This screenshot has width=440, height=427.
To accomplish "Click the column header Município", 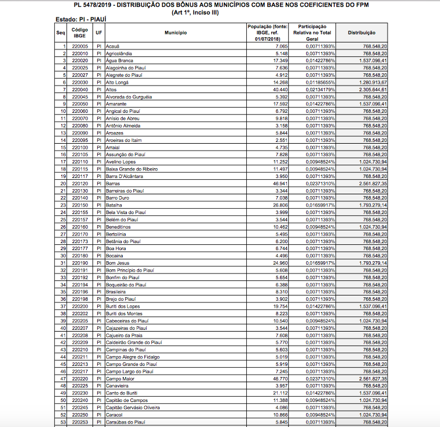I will click(x=175, y=33).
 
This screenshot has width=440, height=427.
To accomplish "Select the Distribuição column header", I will click(x=361, y=33).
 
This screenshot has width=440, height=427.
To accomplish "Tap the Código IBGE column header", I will click(x=80, y=33).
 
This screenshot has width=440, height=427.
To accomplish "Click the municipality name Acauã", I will click(x=113, y=46).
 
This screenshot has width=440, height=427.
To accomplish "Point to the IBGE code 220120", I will click(x=80, y=183).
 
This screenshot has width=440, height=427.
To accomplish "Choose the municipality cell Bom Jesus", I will click(x=118, y=263).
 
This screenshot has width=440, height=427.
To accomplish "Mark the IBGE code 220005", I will click(x=80, y=46).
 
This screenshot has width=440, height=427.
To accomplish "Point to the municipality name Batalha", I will click(x=114, y=205).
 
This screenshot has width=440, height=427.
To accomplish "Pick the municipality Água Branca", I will click(x=120, y=61).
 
